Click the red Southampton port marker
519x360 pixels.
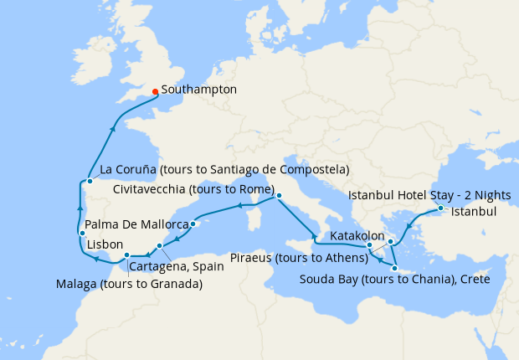(x=155, y=92)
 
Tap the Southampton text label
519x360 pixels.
(x=198, y=89)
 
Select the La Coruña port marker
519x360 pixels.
(x=89, y=181)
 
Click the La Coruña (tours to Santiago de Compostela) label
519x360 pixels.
(x=224, y=170)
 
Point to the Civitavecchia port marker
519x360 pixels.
(x=279, y=197)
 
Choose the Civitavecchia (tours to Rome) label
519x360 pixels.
(x=190, y=189)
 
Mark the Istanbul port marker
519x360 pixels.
(x=440, y=208)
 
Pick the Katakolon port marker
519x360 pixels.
(x=369, y=245)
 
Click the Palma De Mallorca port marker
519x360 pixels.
(x=193, y=224)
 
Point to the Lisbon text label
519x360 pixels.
(x=106, y=246)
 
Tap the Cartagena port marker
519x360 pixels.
(x=159, y=245)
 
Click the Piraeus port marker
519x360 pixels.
(x=390, y=241)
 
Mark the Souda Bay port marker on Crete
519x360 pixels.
(x=393, y=267)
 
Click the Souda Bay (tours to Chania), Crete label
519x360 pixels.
(x=394, y=278)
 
